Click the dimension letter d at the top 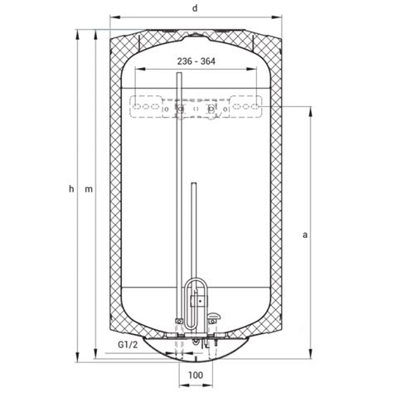click(195, 8)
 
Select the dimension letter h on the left click(71, 189)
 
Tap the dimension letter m click(89, 190)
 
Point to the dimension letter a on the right click(305, 235)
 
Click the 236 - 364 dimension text click(196, 61)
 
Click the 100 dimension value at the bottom click(196, 375)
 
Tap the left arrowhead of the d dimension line click(115, 17)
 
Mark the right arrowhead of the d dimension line click(277, 17)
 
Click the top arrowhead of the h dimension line click(77, 35)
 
